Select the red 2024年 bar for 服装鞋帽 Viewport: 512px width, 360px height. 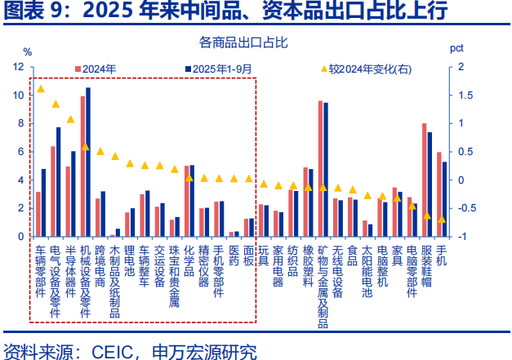[x=424, y=180]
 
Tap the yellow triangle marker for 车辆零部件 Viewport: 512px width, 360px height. [x=41, y=89]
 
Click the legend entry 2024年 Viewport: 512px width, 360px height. [x=97, y=69]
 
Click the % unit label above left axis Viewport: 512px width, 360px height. [x=27, y=51]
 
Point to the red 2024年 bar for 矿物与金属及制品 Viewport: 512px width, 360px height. [x=320, y=169]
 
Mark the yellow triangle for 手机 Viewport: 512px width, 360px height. [x=441, y=219]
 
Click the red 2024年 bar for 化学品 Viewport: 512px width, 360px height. [x=186, y=201]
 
